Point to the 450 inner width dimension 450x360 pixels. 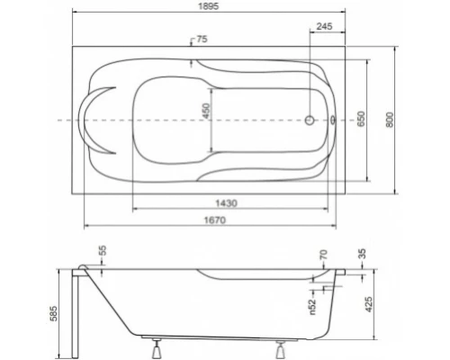pyautogui.click(x=205, y=112)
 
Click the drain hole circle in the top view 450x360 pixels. pyautogui.click(x=310, y=119)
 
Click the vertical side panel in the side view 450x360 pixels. pyautogui.click(x=80, y=310)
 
